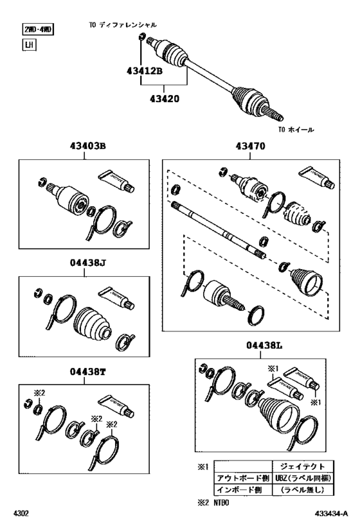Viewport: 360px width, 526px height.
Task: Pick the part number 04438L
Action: pos(264,345)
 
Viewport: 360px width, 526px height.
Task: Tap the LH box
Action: pos(29,45)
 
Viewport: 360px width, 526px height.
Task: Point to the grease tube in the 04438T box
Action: pos(118,403)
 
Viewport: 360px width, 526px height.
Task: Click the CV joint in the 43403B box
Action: pos(70,195)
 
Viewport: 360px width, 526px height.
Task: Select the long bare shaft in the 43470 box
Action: pos(219,226)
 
